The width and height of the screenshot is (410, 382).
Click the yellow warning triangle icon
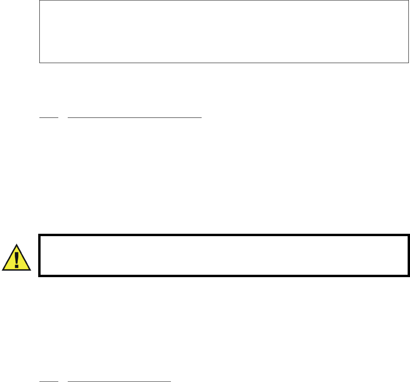16,259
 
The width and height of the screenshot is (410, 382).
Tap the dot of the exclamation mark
16,266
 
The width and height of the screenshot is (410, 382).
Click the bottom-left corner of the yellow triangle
2,270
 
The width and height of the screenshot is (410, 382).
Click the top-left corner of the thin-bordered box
40,1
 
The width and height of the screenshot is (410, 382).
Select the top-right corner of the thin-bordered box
408,1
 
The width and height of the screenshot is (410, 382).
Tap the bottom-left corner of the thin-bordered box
40,62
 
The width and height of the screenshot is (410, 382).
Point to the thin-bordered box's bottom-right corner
408,62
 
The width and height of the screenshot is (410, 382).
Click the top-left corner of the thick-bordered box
39,235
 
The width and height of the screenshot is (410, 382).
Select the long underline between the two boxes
135,117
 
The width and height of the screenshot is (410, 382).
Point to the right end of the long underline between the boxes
201,117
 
